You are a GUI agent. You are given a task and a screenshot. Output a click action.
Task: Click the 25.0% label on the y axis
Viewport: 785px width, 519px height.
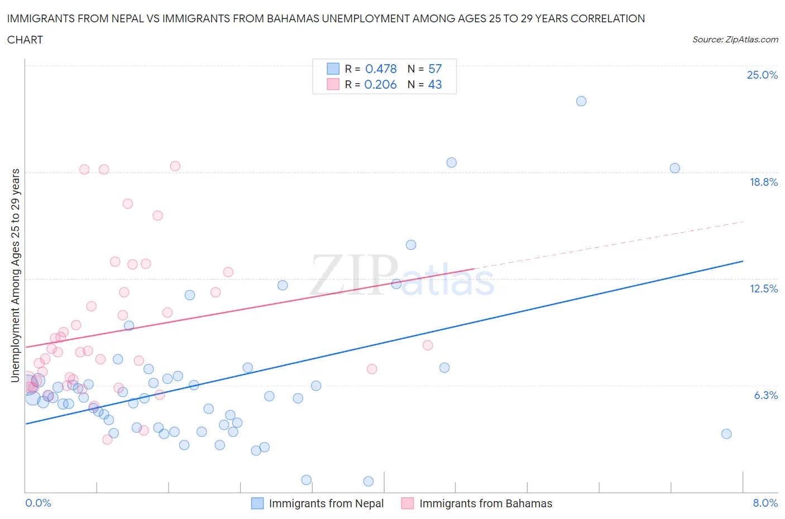pyautogui.click(x=762, y=75)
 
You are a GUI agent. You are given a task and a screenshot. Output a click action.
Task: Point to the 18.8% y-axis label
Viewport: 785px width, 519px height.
pyautogui.click(x=763, y=182)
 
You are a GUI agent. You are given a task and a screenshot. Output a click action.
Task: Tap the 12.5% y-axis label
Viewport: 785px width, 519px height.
pyautogui.click(x=763, y=289)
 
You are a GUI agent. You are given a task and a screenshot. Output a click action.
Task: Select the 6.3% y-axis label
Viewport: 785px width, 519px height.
pyautogui.click(x=765, y=396)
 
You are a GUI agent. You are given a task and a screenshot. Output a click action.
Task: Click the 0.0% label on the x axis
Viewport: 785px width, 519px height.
pyautogui.click(x=38, y=503)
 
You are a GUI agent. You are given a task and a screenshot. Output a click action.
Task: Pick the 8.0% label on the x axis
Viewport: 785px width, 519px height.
pyautogui.click(x=765, y=503)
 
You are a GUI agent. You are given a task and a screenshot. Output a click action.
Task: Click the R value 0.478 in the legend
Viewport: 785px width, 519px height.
pyautogui.click(x=381, y=69)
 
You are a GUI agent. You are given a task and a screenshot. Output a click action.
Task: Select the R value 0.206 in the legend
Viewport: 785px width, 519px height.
pyautogui.click(x=380, y=85)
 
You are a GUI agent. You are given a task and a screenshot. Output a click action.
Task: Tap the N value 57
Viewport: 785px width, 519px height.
pyautogui.click(x=435, y=69)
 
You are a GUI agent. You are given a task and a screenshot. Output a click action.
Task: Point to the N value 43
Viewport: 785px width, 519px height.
pyautogui.click(x=435, y=85)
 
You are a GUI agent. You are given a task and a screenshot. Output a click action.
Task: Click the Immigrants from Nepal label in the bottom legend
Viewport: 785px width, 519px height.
pyautogui.click(x=326, y=504)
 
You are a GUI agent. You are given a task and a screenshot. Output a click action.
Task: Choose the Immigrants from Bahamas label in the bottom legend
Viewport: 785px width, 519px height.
pyautogui.click(x=486, y=504)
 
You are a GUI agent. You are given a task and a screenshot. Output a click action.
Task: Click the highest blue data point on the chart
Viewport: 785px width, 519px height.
pyautogui.click(x=581, y=101)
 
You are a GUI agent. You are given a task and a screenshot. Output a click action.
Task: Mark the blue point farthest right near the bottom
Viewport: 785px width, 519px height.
pyautogui.click(x=726, y=434)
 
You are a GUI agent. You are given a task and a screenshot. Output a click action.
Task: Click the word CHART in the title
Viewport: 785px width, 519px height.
pyautogui.click(x=25, y=40)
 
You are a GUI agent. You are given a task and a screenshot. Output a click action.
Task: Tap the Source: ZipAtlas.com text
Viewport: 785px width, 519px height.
pyautogui.click(x=735, y=40)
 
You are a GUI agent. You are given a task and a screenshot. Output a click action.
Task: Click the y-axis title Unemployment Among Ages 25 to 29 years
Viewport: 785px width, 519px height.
pyautogui.click(x=16, y=276)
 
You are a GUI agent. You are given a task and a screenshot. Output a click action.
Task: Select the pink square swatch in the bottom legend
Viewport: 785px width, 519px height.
pyautogui.click(x=408, y=503)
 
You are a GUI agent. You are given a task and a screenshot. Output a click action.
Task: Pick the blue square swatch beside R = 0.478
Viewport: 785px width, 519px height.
pyautogui.click(x=333, y=69)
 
